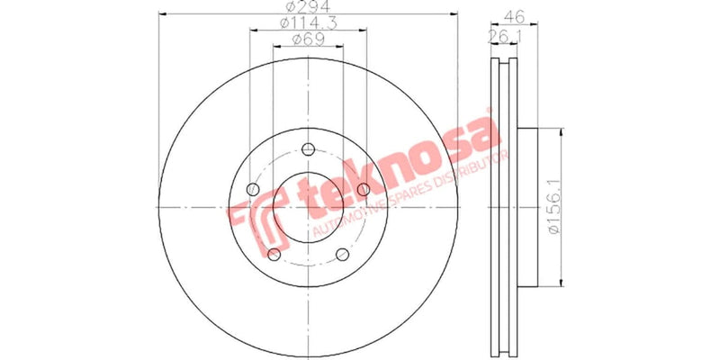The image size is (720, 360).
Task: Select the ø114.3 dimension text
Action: point(307,22)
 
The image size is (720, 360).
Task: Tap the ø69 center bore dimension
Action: point(307,38)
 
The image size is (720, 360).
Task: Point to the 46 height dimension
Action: point(514,15)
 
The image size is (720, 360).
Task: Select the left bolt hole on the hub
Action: point(253,190)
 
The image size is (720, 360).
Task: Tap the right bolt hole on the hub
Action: point(363,189)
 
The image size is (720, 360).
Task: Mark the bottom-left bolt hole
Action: point(274,254)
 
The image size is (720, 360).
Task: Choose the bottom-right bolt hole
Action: point(342,254)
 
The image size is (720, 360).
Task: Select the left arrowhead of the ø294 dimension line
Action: point(162,14)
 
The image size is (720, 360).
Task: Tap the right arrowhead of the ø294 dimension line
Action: point(454,14)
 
